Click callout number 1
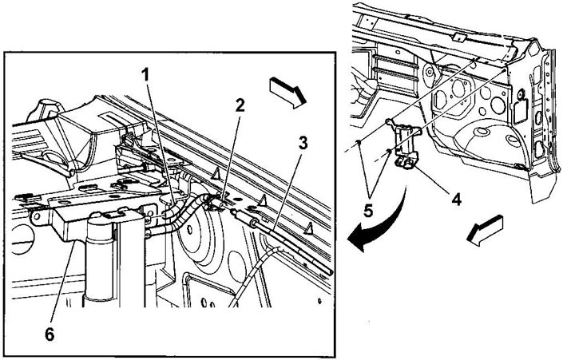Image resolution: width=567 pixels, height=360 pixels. (x=145, y=75)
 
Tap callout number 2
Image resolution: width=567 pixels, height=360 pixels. (x=240, y=105)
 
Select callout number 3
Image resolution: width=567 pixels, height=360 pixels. (x=303, y=143)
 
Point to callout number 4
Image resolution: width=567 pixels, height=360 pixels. (x=457, y=199)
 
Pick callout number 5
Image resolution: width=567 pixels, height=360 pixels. (x=368, y=211)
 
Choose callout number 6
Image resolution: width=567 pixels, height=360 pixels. (x=50, y=334)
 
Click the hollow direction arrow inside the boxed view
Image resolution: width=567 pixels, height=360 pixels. (x=288, y=93)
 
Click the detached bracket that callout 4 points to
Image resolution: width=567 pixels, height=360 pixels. (x=404, y=142)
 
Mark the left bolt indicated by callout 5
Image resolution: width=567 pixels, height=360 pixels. (x=358, y=141)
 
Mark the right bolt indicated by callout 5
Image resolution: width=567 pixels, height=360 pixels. (x=388, y=149)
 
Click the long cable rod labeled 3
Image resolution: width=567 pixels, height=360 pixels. (x=282, y=243)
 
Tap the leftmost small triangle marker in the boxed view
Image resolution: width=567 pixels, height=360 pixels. (x=217, y=175)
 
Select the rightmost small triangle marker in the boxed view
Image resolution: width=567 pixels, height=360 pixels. (x=309, y=227)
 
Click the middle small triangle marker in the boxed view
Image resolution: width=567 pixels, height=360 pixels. (x=262, y=200)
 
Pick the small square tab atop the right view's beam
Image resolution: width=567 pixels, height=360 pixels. (x=458, y=37)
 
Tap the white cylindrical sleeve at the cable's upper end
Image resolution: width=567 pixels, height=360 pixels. (x=244, y=219)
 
